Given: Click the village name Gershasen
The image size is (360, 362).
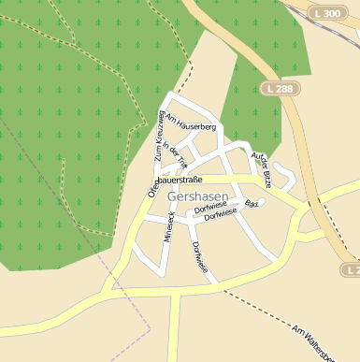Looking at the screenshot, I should click(x=197, y=197).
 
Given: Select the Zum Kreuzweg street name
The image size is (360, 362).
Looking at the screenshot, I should click(x=160, y=134).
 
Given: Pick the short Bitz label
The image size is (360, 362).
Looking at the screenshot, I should click(x=250, y=203).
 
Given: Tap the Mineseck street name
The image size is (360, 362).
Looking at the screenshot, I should click(x=169, y=226).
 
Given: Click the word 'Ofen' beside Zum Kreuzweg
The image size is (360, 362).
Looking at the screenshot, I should click(x=152, y=187).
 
